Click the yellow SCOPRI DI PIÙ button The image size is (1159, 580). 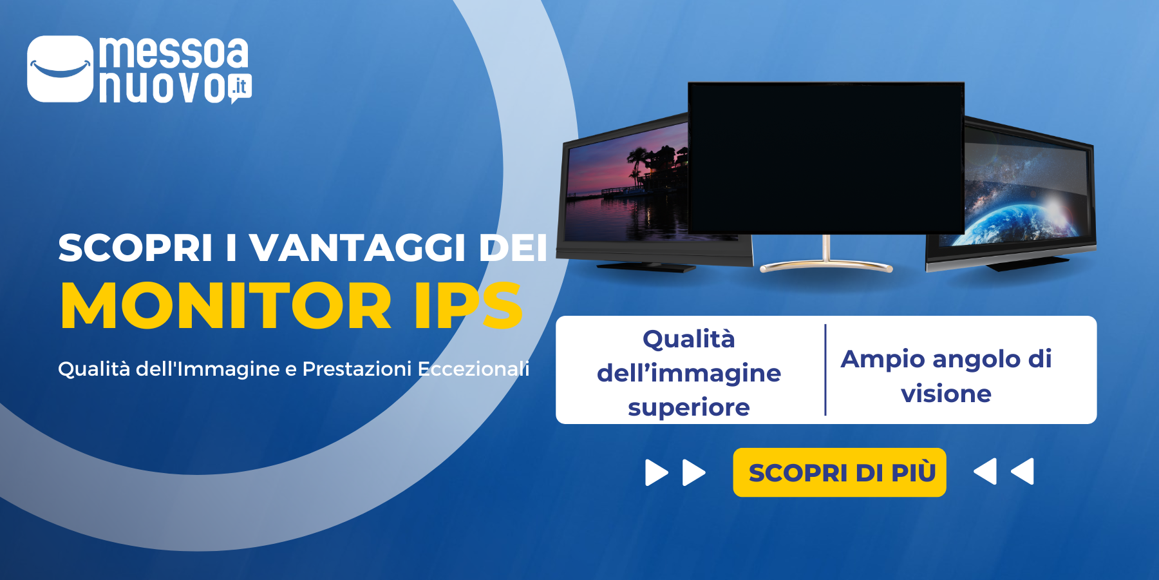click(839, 472)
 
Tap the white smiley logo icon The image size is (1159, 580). click(60, 68)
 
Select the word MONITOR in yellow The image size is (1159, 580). click(226, 306)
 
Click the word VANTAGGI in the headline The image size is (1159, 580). click(357, 247)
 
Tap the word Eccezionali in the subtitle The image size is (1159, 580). click(473, 369)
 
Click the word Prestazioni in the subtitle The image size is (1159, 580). click(357, 369)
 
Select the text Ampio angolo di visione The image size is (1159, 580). click(946, 376)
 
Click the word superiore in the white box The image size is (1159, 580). click(688, 407)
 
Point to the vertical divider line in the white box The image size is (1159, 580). click(825, 370)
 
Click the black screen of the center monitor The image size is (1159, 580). click(825, 158)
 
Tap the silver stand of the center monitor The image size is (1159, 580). click(826, 261)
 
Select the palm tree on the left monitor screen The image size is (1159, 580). click(637, 161)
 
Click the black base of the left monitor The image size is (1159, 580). click(646, 266)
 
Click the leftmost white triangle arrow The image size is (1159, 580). click(656, 472)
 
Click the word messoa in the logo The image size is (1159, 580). click(173, 53)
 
